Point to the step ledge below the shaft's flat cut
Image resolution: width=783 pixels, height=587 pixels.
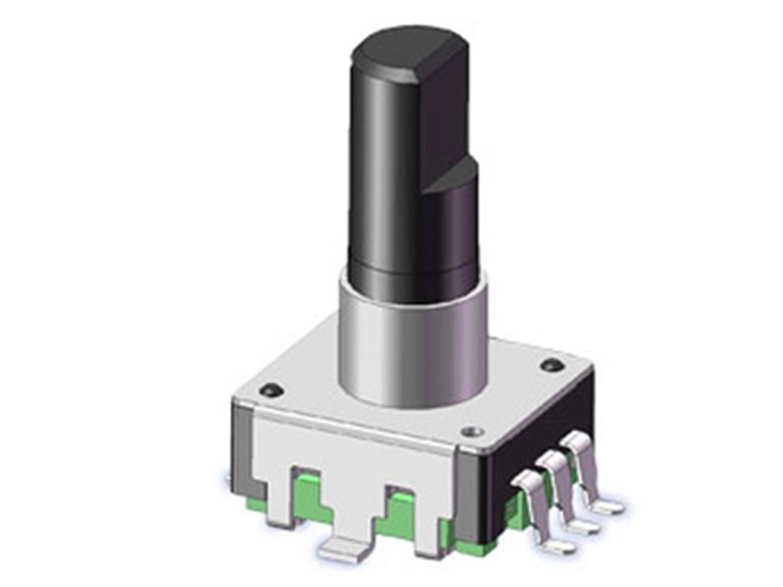pos(454,174)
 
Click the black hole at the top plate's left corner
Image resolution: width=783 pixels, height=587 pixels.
pos(273,391)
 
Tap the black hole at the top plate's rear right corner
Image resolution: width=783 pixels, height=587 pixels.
pos(551,366)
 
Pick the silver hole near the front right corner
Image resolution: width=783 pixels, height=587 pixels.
pos(475,430)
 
